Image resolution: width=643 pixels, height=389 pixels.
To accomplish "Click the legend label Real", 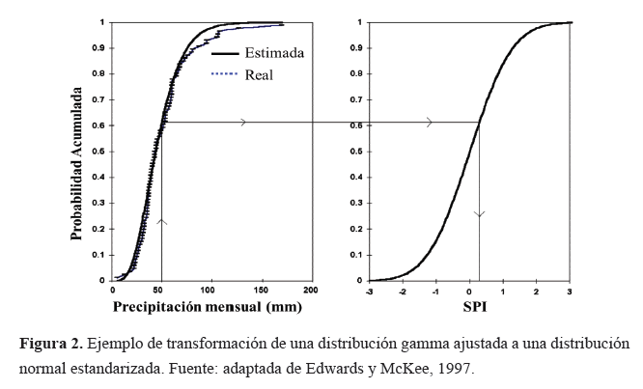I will click(x=260, y=74).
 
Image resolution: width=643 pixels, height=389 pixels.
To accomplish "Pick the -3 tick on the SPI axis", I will click(x=370, y=290).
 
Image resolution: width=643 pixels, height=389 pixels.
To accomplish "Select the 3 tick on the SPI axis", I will click(x=570, y=290).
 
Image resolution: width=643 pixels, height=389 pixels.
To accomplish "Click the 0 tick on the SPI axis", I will click(x=470, y=290).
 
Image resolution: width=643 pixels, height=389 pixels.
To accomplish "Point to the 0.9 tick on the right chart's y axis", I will click(x=358, y=47).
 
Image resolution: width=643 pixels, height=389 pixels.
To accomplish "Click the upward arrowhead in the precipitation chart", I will click(x=161, y=222).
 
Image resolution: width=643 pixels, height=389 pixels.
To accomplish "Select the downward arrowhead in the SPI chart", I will click(x=480, y=213).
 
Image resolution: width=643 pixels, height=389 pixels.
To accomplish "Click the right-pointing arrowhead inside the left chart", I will click(x=243, y=122).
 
